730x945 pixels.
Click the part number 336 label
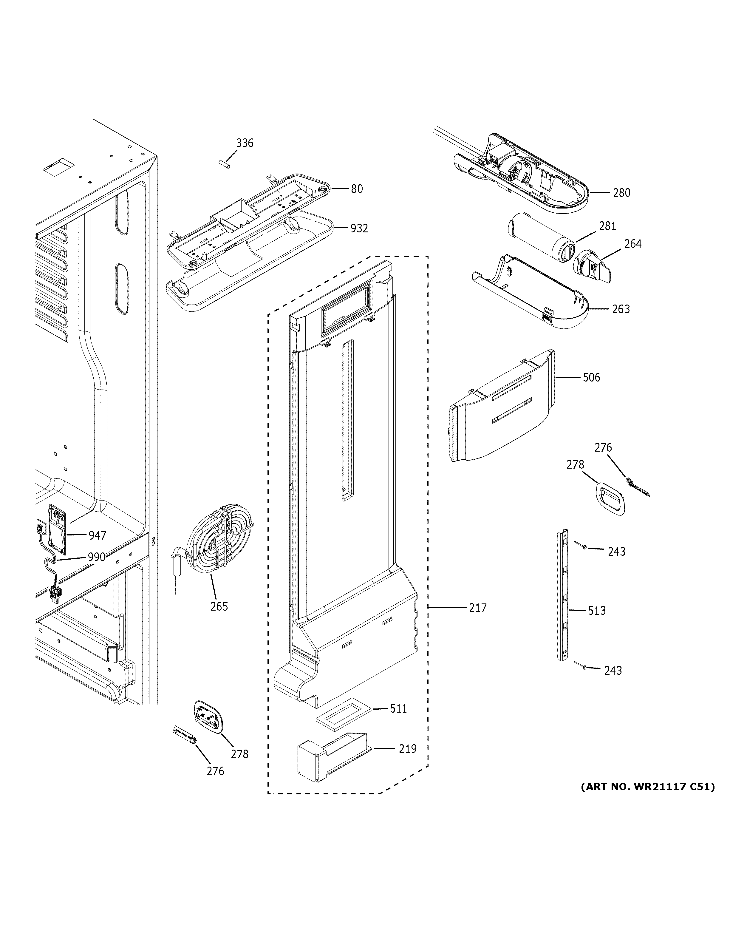245,143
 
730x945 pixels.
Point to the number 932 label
359,228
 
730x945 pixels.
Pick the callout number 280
621,193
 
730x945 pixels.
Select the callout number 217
478,608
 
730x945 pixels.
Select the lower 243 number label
613,671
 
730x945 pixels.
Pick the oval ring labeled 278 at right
610,500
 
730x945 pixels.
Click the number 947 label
97,536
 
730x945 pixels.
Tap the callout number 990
96,557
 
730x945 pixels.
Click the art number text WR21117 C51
647,787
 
